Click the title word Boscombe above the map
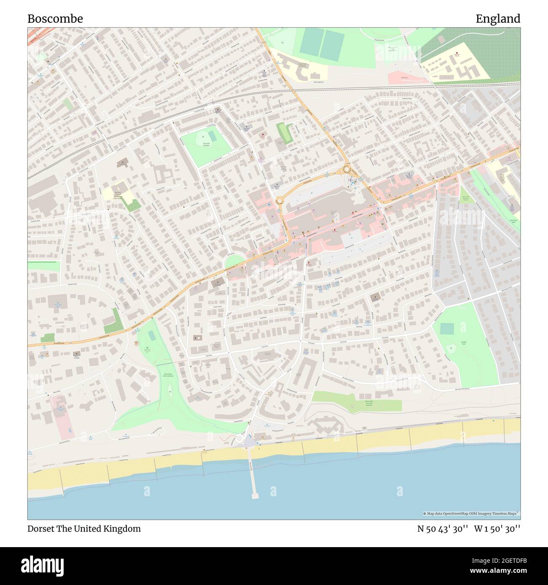55,19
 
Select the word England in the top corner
498,19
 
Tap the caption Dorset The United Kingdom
84,529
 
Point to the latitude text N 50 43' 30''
443,529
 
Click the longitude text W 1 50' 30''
497,529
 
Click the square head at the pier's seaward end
255,496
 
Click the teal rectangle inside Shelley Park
446,329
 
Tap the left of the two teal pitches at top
310,43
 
